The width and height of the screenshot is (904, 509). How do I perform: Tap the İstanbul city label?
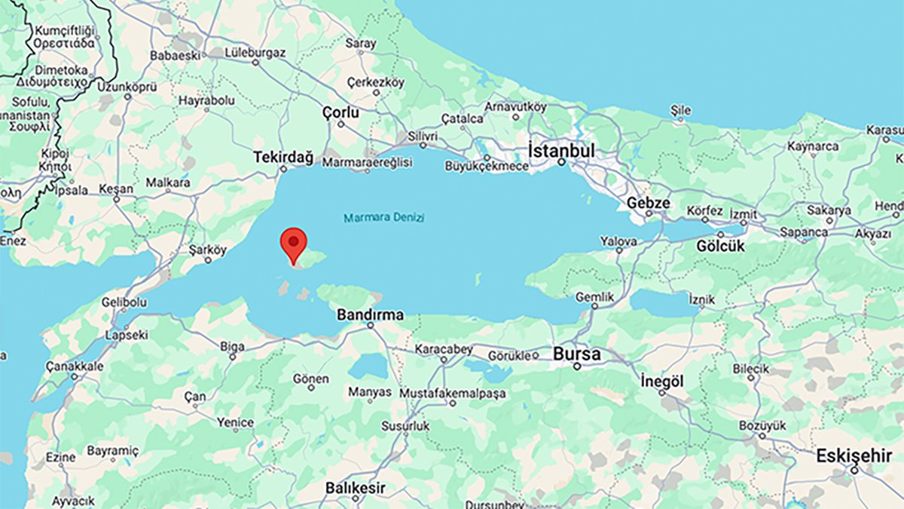tap(561, 150)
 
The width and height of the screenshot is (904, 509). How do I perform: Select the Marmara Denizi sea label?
tap(384, 218)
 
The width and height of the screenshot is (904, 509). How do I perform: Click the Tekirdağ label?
tap(282, 157)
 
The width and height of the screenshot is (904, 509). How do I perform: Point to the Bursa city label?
tap(577, 354)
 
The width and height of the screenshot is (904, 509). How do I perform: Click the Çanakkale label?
tap(75, 366)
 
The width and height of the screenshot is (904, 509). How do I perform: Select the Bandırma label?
tap(370, 314)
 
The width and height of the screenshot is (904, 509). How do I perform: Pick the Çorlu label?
tap(341, 112)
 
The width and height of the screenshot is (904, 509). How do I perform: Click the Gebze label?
tap(648, 203)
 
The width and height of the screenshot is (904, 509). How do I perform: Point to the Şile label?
tap(680, 110)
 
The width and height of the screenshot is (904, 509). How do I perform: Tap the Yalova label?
tap(618, 241)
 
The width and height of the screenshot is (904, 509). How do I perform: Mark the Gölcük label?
tap(720, 246)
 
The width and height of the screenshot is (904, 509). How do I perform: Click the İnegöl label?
tap(662, 382)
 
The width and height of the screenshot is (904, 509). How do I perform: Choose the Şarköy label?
tap(207, 250)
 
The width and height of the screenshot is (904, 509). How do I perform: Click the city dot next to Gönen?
tap(311, 387)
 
